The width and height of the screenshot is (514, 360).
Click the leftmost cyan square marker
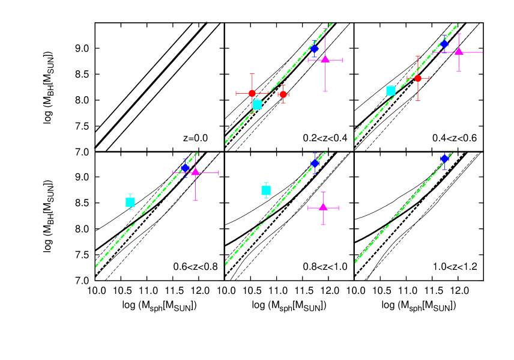pos(130,203)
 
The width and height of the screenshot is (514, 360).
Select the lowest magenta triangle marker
pos(323,207)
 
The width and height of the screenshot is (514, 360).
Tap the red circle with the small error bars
pos(283,94)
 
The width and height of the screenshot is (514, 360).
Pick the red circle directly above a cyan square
pos(252,93)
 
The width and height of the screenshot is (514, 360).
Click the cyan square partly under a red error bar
pos(257,105)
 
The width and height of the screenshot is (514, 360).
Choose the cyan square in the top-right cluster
pos(391,91)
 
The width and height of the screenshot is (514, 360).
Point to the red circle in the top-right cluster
pos(418,78)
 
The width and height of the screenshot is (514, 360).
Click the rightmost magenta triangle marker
pos(459,51)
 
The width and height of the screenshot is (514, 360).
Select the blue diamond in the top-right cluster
pos(444,44)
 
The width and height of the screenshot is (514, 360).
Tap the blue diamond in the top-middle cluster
pos(314,49)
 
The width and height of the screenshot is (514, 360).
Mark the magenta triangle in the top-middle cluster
pos(325,59)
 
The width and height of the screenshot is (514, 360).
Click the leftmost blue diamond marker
pos(186,168)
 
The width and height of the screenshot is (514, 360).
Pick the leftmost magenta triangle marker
pos(195,172)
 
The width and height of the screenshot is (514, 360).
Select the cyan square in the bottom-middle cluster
pos(266,191)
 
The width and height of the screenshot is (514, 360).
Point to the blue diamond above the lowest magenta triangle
pos(315,163)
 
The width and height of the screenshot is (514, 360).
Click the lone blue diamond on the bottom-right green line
pos(444,159)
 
